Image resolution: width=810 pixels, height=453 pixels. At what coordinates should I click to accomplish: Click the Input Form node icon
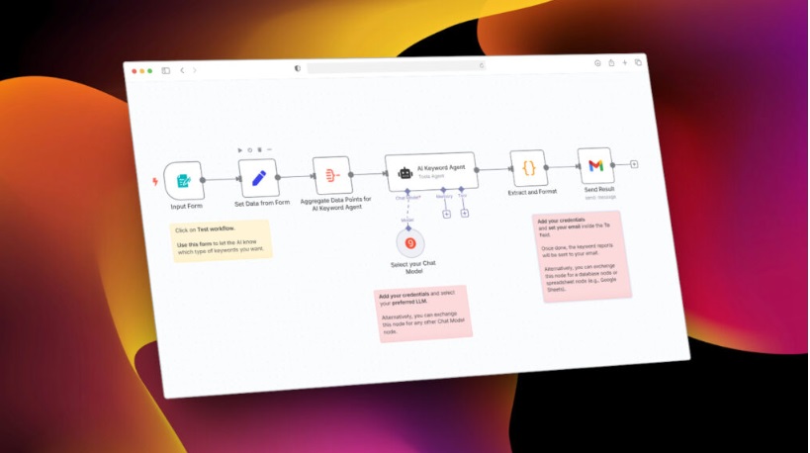(x=184, y=181)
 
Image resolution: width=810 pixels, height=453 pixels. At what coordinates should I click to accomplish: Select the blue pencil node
(x=259, y=178)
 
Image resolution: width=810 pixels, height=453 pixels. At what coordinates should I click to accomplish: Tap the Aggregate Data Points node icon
(x=332, y=175)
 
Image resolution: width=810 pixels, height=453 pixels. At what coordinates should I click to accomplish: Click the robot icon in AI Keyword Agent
(x=405, y=173)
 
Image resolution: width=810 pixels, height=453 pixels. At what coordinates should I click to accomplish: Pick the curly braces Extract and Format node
(x=529, y=168)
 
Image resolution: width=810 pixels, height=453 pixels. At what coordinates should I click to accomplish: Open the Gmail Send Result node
(x=595, y=165)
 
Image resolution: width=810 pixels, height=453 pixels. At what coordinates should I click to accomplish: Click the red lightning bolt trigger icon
(x=153, y=182)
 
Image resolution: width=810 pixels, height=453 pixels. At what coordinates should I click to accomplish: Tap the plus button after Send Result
(x=634, y=163)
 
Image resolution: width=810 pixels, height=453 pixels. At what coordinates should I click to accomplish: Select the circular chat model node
(x=410, y=242)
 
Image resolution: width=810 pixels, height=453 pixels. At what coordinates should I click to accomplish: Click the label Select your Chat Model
(x=413, y=267)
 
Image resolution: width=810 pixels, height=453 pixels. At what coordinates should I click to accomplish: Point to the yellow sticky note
(x=222, y=240)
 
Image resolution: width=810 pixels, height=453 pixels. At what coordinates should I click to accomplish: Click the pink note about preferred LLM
(x=423, y=312)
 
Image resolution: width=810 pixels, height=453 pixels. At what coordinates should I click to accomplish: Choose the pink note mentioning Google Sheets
(x=583, y=254)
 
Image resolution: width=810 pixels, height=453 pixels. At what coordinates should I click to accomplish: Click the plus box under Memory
(x=447, y=214)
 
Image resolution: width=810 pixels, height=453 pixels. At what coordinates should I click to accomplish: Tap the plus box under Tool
(x=465, y=213)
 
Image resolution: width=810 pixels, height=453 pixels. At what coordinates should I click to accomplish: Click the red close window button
(x=134, y=71)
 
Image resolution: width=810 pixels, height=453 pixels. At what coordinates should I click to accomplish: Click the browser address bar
(x=396, y=67)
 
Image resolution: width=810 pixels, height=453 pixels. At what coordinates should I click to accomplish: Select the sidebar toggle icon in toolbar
(x=165, y=70)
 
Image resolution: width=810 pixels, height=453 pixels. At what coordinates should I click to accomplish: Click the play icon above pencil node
(x=239, y=150)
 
